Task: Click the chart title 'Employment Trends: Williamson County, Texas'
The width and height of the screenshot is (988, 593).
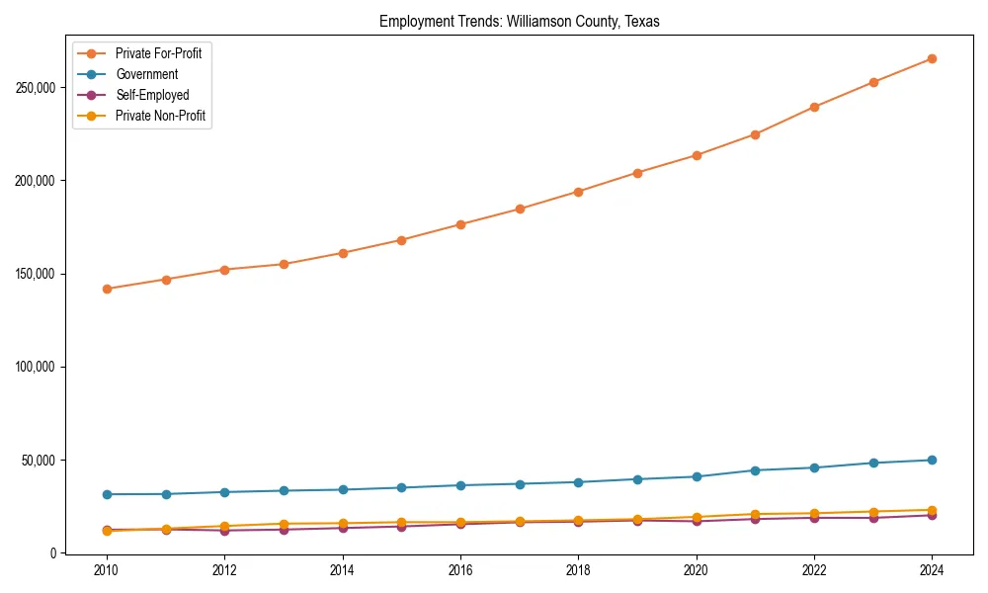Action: tap(520, 21)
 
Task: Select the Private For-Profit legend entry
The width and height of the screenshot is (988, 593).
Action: tap(164, 53)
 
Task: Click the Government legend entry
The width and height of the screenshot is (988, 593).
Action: tap(146, 74)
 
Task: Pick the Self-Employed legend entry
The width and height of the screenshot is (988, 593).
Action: tap(151, 95)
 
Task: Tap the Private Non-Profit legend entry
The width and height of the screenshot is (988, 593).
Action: tap(161, 116)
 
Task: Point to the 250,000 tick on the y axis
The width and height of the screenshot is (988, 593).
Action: tap(37, 88)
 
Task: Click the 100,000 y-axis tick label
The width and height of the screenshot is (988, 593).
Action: tap(37, 367)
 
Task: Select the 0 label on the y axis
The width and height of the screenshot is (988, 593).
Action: tap(53, 553)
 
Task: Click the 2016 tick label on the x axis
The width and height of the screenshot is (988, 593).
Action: tap(460, 570)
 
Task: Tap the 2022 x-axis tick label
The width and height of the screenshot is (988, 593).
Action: tap(814, 570)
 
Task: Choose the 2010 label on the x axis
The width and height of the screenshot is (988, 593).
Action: tap(107, 570)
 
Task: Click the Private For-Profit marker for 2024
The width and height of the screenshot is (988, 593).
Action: tap(932, 58)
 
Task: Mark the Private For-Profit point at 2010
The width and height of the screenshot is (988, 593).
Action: tap(107, 289)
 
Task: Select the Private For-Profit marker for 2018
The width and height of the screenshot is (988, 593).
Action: tap(578, 192)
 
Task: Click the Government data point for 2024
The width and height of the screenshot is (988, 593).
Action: tap(932, 460)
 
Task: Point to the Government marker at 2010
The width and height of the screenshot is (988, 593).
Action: tap(107, 494)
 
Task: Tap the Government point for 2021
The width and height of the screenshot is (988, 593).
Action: tap(755, 470)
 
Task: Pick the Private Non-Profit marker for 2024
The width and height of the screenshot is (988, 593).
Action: tap(932, 510)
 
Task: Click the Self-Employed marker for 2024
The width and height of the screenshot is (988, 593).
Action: tap(932, 515)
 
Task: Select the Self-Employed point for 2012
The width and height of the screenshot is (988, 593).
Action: tap(224, 531)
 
